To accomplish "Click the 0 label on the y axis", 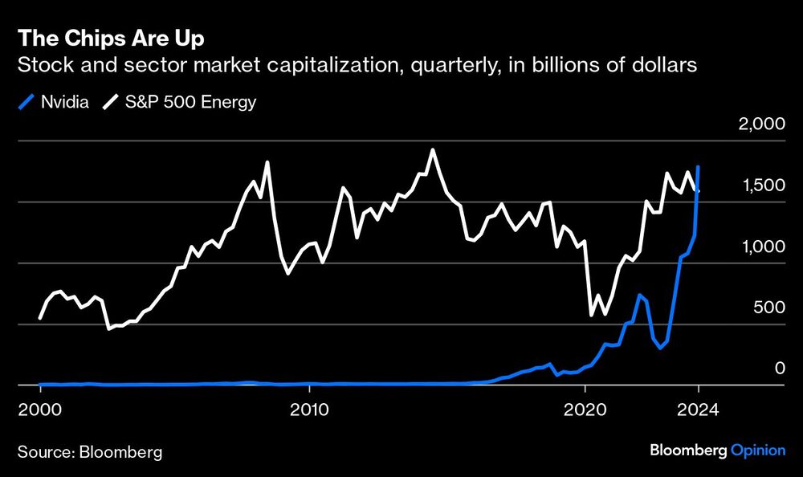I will [776, 369].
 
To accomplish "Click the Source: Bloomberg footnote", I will [89, 451].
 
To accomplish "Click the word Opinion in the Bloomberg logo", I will [758, 451].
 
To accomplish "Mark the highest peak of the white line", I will [433, 150].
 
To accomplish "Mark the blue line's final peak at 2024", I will [699, 167].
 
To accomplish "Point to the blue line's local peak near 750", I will [639, 295].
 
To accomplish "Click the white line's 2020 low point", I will [592, 315].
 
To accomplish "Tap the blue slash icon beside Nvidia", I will [25, 103].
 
